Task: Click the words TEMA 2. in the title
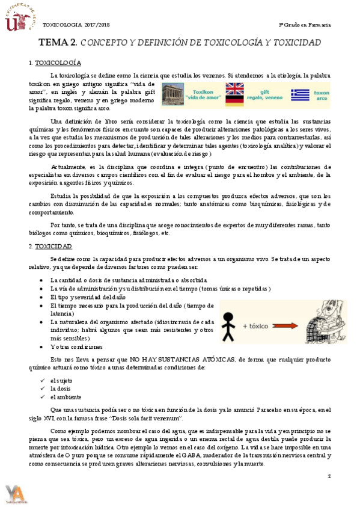point(58,43)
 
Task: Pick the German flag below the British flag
point(234,100)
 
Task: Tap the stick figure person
point(230,322)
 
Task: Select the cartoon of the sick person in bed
point(324,322)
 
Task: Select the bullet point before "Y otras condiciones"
point(41,347)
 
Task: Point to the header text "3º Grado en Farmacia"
point(305,25)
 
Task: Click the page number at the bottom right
point(330,476)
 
